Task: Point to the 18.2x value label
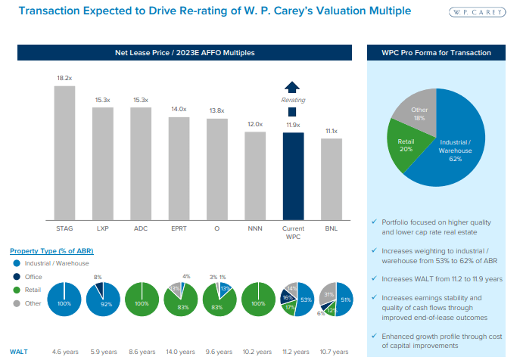[64, 78]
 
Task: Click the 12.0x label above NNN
[255, 124]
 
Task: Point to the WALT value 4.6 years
[65, 352]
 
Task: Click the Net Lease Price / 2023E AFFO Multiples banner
[185, 53]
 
